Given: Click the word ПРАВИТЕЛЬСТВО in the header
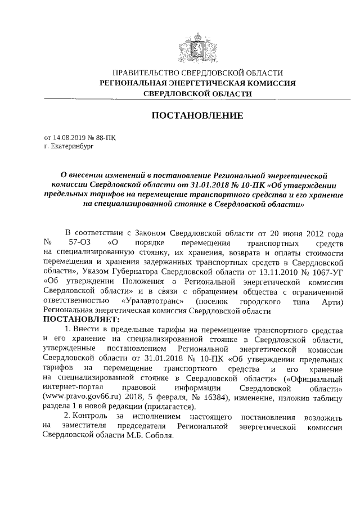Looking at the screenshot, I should coord(143,73).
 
